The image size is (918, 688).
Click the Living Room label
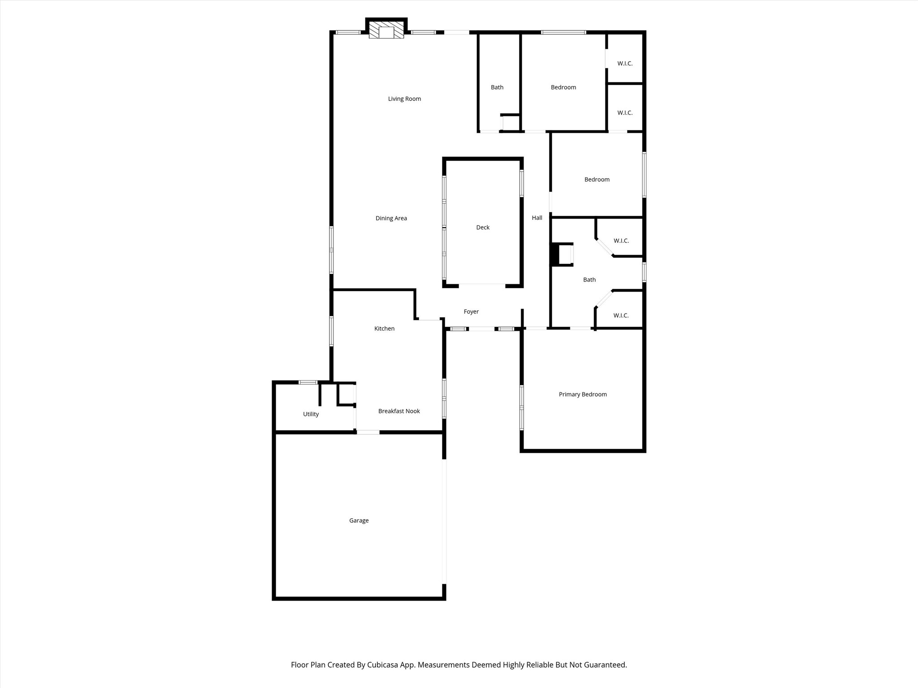tap(404, 99)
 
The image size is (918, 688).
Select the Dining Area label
tap(391, 219)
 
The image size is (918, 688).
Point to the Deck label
tap(483, 228)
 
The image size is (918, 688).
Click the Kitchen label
tap(384, 329)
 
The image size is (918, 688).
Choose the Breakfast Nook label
tap(399, 411)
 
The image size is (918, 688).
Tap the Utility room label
tap(311, 414)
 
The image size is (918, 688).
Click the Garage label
tap(359, 520)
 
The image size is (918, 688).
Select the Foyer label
tap(471, 312)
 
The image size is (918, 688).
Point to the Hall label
tap(537, 218)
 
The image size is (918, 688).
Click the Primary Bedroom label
tap(583, 395)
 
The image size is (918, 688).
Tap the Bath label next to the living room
tap(497, 87)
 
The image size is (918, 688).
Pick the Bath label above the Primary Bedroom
tap(589, 280)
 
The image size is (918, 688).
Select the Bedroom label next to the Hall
tap(597, 180)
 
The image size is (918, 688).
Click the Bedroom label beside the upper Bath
tap(563, 87)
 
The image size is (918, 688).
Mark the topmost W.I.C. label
tap(625, 64)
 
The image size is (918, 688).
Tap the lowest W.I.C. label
tap(621, 316)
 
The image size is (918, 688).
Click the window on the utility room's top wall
tap(308, 382)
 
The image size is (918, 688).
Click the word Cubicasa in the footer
tap(384, 665)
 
